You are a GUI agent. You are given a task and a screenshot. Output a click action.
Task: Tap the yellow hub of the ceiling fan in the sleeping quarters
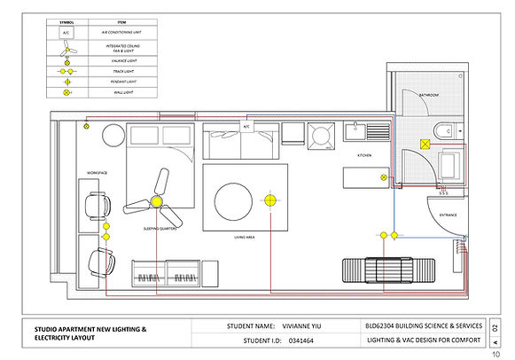tap(157, 202)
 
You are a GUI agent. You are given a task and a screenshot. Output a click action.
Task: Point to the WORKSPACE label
tap(97, 170)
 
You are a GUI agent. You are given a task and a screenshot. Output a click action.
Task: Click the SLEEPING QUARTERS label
tap(161, 229)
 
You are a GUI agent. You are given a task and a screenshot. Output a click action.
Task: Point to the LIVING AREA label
tap(246, 237)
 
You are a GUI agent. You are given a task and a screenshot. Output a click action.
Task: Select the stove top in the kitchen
tap(319, 135)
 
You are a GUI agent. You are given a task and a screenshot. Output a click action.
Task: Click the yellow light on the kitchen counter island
tap(383, 177)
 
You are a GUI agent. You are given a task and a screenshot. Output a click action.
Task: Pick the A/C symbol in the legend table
tap(67, 31)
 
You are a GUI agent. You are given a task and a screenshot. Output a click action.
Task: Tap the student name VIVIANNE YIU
tap(293, 325)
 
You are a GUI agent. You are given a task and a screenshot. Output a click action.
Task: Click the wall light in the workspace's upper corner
tap(85, 128)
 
